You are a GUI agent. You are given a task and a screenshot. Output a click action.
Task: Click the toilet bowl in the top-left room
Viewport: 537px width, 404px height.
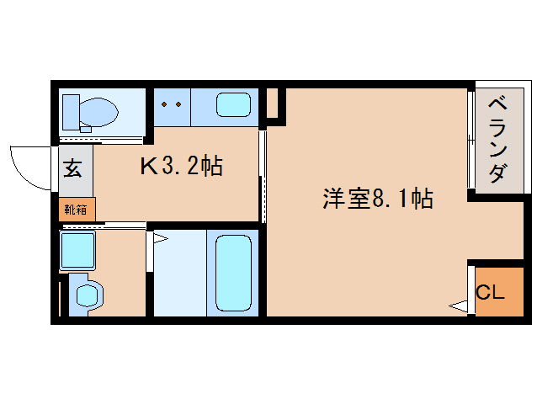pyautogui.click(x=100, y=110)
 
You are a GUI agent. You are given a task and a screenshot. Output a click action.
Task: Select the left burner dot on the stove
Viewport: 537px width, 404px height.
pyautogui.click(x=164, y=104)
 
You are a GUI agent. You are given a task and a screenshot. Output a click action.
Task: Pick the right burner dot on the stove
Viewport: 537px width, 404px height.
pyautogui.click(x=178, y=104)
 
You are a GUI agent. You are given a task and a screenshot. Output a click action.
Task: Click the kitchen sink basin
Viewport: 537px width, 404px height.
pyautogui.click(x=233, y=105)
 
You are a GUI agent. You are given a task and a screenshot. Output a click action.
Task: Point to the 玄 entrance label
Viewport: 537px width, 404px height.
pyautogui.click(x=73, y=167)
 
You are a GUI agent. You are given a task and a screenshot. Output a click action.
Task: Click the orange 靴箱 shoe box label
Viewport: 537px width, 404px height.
pyautogui.click(x=76, y=208)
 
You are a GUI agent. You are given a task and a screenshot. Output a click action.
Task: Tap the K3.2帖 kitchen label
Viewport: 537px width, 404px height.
pyautogui.click(x=180, y=166)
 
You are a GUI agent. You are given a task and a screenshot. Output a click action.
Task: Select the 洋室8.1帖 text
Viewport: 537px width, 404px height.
pyautogui.click(x=377, y=199)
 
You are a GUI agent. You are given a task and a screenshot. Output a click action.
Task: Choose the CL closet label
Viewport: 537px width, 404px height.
pyautogui.click(x=491, y=292)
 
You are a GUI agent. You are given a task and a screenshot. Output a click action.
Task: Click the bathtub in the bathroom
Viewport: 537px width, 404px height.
pyautogui.click(x=234, y=272)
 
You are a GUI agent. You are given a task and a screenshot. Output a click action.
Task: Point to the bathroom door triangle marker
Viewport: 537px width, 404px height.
pyautogui.click(x=160, y=240)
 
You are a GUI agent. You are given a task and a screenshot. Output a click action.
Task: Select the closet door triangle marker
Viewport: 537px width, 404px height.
pyautogui.click(x=459, y=306)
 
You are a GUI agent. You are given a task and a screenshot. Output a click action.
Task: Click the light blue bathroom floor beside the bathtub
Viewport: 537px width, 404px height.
pyautogui.click(x=178, y=274)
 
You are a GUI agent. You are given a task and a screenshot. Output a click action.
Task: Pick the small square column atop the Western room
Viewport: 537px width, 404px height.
pyautogui.click(x=272, y=104)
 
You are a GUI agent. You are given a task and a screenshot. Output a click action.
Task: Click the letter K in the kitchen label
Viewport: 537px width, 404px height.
pyautogui.click(x=148, y=166)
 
